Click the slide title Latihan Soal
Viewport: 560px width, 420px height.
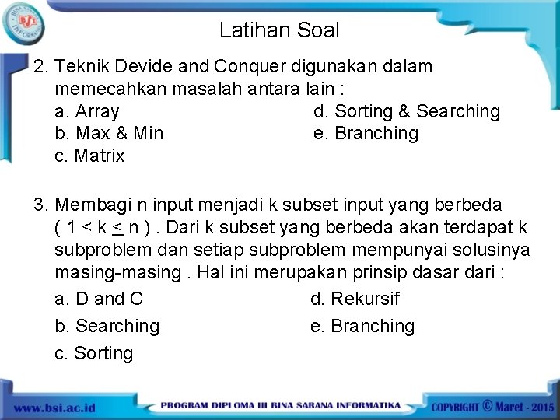[279, 30]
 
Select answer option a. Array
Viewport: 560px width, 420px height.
[87, 111]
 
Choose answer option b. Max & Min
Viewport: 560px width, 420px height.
[109, 133]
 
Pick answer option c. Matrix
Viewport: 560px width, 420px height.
[89, 156]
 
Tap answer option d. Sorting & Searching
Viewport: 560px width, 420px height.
[406, 111]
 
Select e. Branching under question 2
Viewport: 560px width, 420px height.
[366, 133]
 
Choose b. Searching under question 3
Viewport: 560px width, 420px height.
[107, 326]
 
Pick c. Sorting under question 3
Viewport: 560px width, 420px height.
[94, 353]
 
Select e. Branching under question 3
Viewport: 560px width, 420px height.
[362, 326]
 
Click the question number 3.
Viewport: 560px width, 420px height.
[40, 205]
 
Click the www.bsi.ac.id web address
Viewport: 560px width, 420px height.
[54, 408]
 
